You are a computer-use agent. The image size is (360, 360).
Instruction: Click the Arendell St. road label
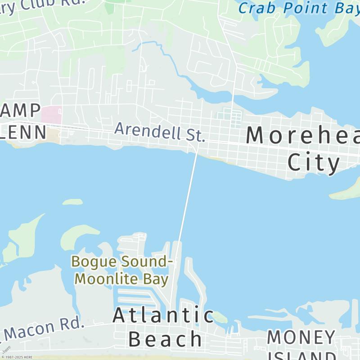pyautogui.click(x=160, y=131)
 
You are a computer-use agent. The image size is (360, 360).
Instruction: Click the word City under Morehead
pyautogui.click(x=314, y=162)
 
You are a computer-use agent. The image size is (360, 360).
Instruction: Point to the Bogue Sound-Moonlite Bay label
pyautogui.click(x=121, y=270)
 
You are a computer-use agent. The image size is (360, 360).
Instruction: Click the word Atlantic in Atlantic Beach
pyautogui.click(x=163, y=315)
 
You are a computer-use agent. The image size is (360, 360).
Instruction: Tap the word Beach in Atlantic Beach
pyautogui.click(x=165, y=339)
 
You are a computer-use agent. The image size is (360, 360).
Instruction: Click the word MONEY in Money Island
pyautogui.click(x=301, y=337)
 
